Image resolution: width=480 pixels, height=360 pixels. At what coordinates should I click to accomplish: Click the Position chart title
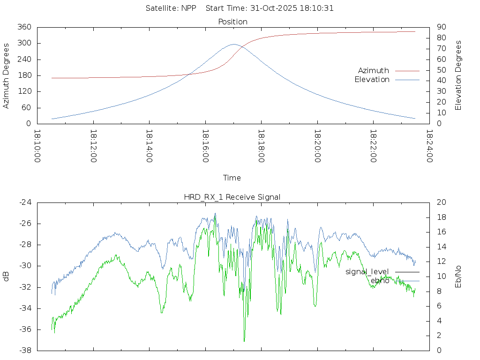[232, 22]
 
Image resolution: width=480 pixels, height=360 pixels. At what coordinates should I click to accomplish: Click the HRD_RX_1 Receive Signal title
[232, 197]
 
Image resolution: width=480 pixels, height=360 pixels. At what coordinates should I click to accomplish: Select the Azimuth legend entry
[374, 70]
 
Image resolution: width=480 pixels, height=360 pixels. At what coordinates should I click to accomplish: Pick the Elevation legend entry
[372, 80]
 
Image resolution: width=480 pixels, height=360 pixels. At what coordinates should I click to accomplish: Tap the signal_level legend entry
[367, 272]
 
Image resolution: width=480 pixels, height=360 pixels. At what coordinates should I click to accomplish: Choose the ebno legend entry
[380, 281]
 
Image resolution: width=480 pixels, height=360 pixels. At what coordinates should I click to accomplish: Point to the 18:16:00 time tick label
[205, 146]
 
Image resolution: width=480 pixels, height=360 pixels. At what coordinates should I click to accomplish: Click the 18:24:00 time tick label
[429, 146]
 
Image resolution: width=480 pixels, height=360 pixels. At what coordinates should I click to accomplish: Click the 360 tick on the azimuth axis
[24, 27]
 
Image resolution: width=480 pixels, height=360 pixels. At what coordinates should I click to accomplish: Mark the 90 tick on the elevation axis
[441, 27]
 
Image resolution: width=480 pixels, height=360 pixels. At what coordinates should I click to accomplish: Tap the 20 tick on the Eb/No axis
[441, 202]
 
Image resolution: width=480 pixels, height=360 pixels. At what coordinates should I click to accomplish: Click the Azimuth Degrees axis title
[6, 75]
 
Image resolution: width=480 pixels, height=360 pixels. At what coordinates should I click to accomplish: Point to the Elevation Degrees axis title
[458, 75]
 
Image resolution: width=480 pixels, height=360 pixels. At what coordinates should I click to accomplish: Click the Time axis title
[232, 178]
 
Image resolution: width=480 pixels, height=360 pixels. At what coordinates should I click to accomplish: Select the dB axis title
[6, 277]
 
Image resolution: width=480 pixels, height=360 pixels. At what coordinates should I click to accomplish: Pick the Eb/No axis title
[458, 277]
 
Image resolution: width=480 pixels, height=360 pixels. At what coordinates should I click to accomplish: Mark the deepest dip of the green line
[244, 341]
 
